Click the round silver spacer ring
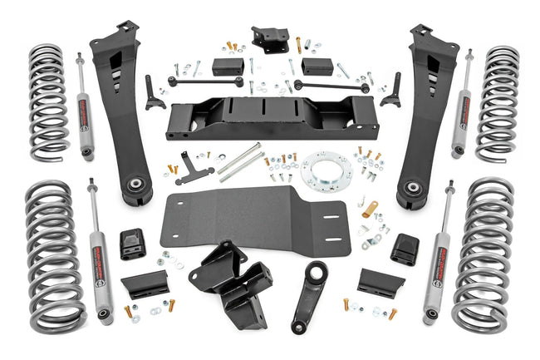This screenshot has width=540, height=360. (326, 170)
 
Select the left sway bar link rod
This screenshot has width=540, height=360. (205, 81)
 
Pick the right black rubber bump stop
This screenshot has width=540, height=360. (405, 249)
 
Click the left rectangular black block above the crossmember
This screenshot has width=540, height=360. (227, 67)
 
